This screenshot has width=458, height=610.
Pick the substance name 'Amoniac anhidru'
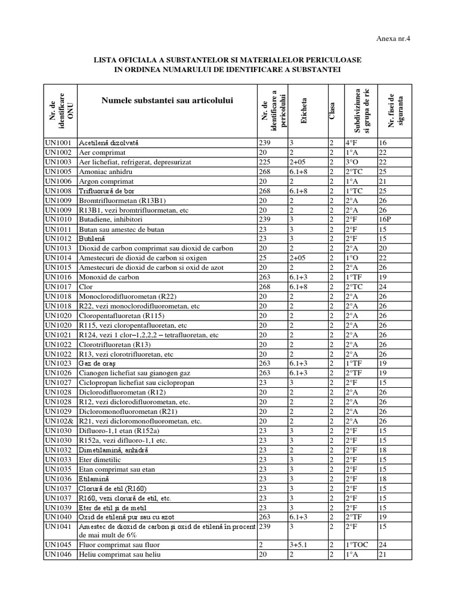click(x=105, y=172)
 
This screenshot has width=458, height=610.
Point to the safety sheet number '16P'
click(x=385, y=219)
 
